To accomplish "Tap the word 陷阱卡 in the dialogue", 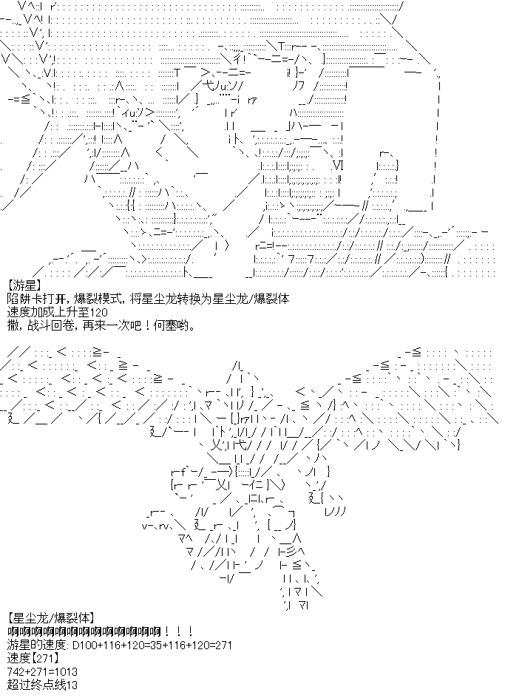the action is click(x=22, y=299).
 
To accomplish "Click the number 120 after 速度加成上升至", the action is click(x=98, y=313).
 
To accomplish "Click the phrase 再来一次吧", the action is click(x=102, y=326).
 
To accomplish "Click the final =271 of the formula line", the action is click(x=220, y=645).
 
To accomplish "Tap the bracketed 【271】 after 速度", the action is click(x=44, y=658).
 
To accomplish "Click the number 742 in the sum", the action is click(x=16, y=671).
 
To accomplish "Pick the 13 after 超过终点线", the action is click(x=72, y=685).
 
